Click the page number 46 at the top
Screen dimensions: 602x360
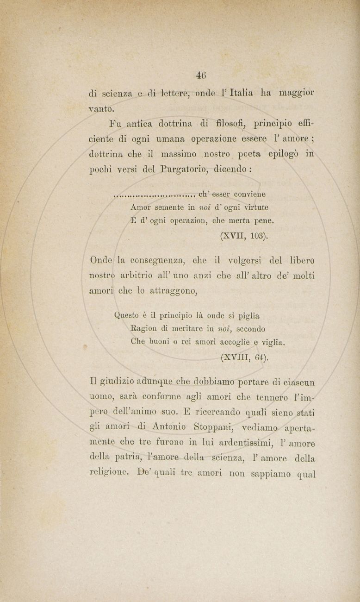click(201, 74)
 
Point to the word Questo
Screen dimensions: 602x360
click(127, 317)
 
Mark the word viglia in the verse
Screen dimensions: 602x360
click(273, 343)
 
